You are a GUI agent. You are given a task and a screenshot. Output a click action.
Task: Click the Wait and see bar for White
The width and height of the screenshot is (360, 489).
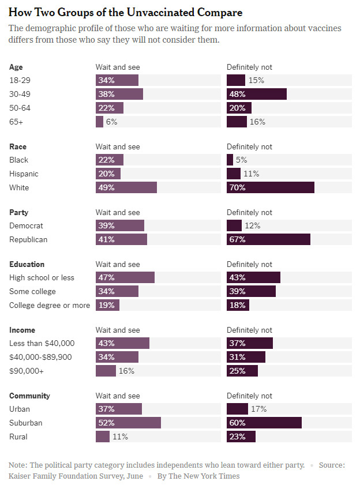(126, 187)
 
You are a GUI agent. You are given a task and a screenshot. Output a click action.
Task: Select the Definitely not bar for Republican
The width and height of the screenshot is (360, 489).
(268, 239)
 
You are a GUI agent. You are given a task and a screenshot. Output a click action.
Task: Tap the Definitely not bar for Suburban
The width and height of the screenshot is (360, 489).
(264, 423)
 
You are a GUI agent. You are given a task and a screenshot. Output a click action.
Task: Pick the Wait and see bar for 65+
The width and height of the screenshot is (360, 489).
(99, 122)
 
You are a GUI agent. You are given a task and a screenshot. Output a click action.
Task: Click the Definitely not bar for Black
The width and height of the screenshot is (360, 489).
(230, 160)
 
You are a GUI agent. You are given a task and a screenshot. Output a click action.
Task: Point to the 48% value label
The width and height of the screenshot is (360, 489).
(238, 94)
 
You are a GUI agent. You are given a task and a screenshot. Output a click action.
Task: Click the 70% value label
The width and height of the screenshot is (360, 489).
(238, 187)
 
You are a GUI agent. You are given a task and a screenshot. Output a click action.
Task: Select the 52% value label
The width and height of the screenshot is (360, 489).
(106, 423)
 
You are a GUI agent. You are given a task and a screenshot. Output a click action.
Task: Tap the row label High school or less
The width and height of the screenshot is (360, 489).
(42, 277)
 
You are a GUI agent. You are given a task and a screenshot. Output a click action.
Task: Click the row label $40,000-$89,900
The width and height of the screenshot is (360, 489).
(40, 357)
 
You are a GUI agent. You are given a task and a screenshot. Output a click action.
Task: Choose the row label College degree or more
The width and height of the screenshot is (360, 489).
(50, 305)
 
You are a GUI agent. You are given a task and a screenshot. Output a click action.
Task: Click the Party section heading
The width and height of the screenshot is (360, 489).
(18, 212)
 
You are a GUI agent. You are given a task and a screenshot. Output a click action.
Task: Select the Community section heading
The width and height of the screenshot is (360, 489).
(29, 396)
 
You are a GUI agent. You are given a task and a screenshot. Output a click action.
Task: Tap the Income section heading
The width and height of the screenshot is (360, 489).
(22, 330)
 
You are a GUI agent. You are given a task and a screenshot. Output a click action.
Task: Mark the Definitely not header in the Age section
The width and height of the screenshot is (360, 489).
(249, 67)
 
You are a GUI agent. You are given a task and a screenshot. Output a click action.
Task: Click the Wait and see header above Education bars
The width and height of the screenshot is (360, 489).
(117, 264)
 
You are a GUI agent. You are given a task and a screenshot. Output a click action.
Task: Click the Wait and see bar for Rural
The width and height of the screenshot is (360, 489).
(102, 437)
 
